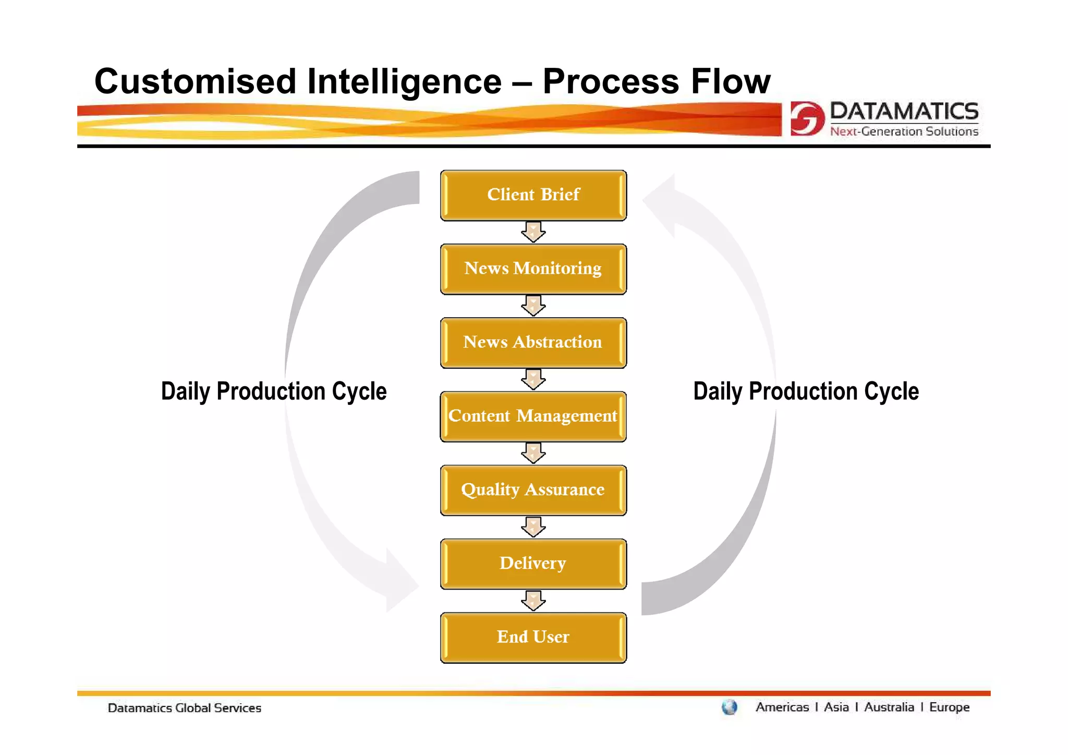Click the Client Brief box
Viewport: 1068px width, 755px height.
point(533,195)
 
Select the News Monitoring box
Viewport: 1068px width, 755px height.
point(533,269)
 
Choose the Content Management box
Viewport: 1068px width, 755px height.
point(533,416)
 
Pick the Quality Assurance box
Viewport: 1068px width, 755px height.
point(533,490)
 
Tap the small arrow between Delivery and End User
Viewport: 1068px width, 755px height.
point(533,601)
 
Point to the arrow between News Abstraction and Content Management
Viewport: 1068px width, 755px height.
point(533,379)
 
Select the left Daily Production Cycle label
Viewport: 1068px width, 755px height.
point(274,391)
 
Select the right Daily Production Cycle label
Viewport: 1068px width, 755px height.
point(806,391)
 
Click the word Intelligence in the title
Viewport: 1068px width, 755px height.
point(404,82)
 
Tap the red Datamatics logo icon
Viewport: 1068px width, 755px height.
point(807,118)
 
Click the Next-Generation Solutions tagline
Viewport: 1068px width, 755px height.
point(904,131)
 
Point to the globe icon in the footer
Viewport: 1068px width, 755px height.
point(729,708)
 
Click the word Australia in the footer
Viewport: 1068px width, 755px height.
point(889,708)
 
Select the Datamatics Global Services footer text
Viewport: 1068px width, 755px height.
point(184,708)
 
